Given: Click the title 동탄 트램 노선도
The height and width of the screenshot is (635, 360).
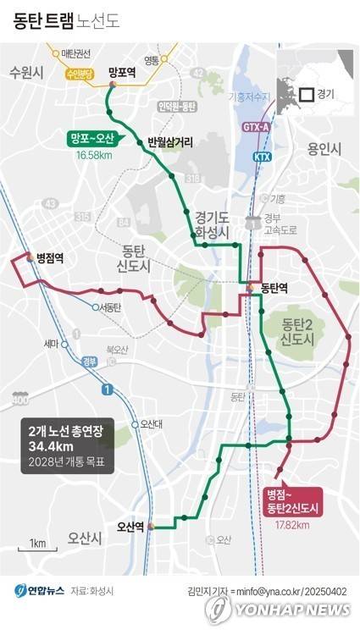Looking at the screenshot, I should (66, 21).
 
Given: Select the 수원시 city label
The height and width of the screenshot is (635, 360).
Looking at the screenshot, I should (26, 73).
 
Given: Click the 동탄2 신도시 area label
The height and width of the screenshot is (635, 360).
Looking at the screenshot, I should (298, 331).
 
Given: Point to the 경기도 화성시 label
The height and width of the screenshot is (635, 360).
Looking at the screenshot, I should (211, 224).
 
